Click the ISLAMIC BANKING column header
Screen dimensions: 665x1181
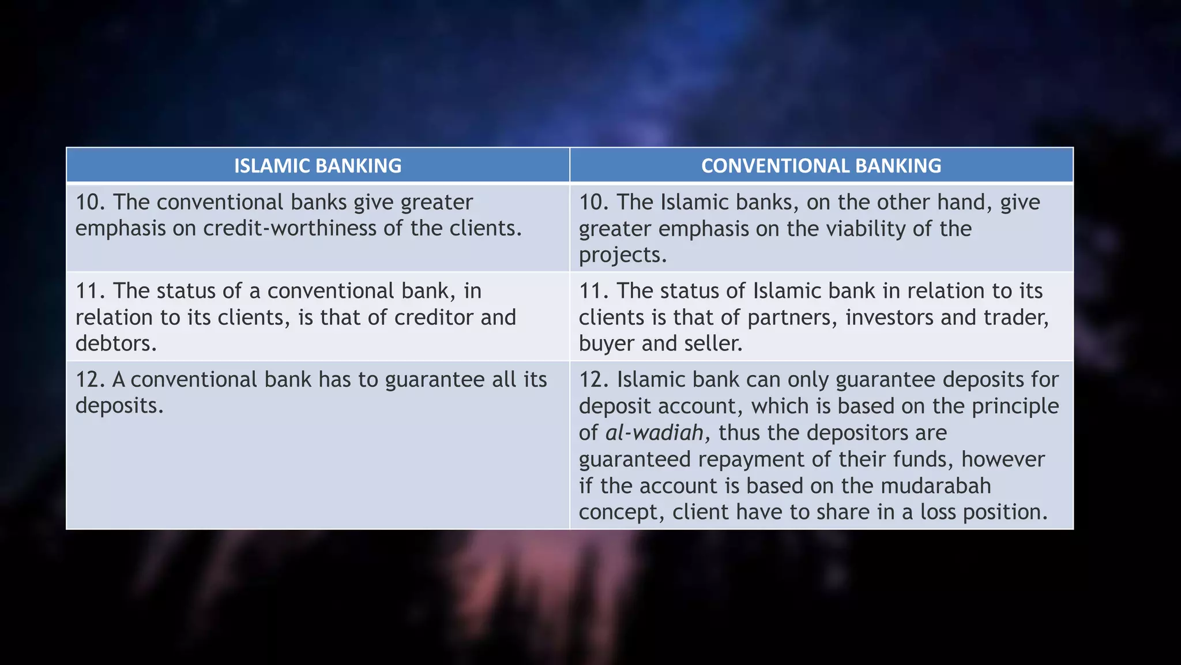pyautogui.click(x=318, y=166)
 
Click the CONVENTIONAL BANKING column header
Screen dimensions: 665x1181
pyautogui.click(x=821, y=166)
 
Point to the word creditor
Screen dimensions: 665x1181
pyautogui.click(x=434, y=317)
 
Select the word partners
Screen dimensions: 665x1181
pyautogui.click(x=792, y=317)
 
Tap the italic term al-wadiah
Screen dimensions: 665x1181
pyautogui.click(x=655, y=433)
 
